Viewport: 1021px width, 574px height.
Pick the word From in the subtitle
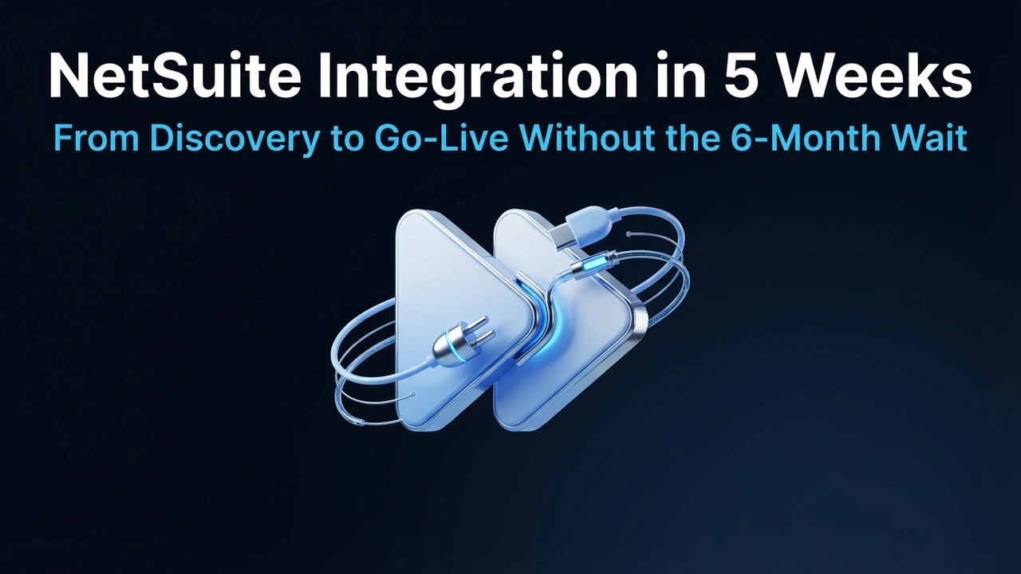tap(96, 138)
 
